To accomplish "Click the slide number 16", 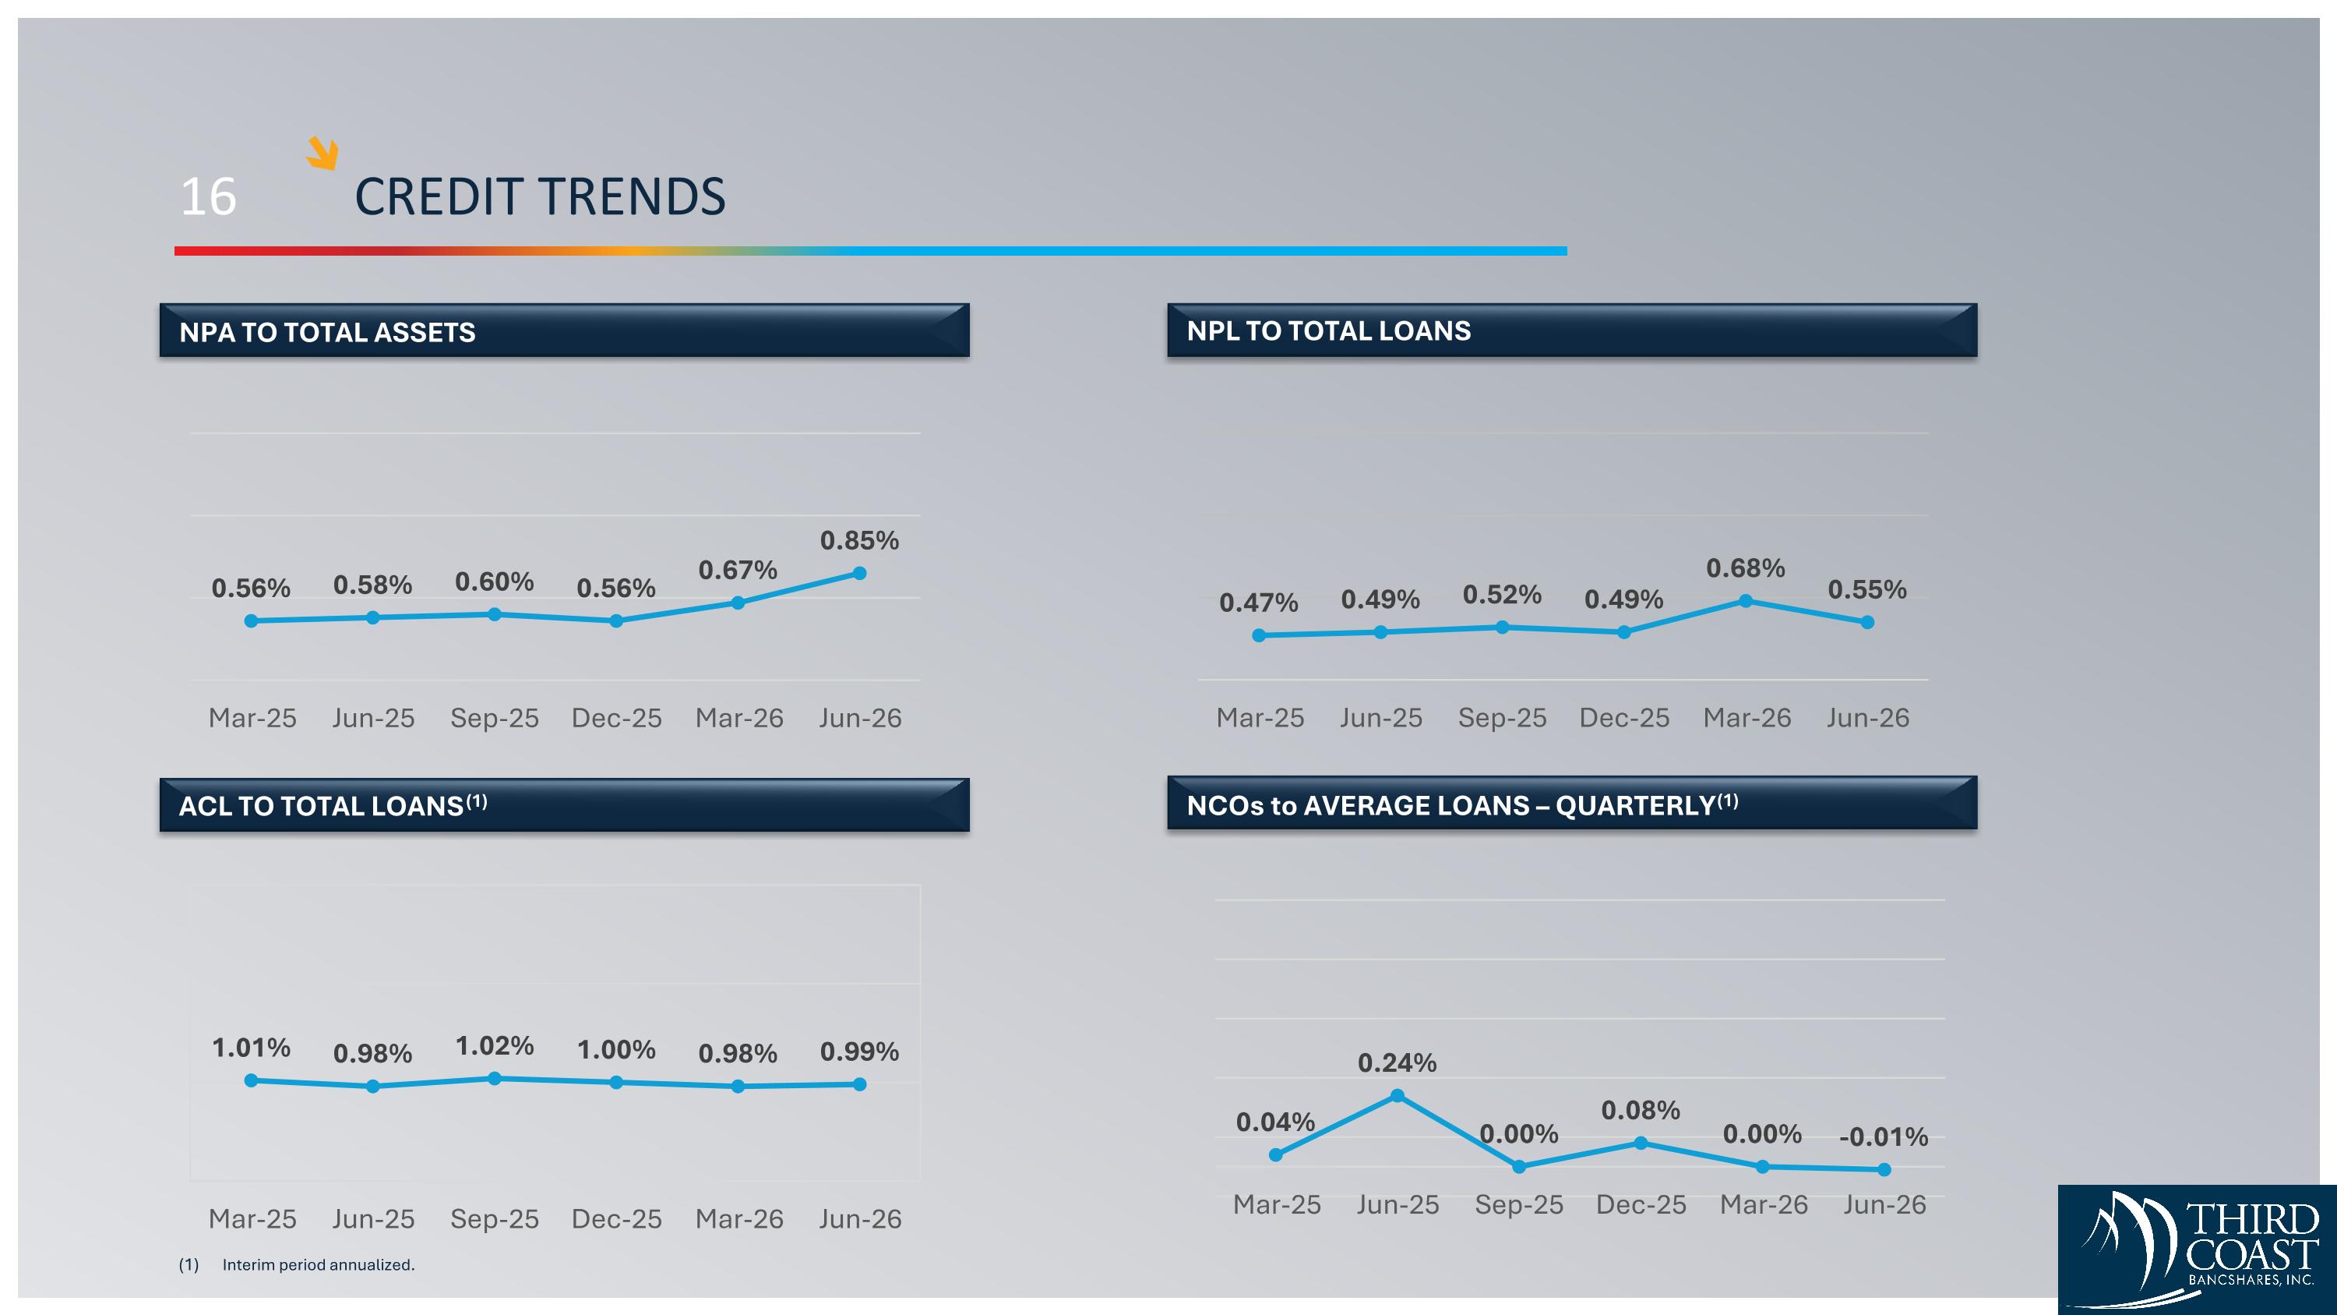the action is click(x=209, y=196).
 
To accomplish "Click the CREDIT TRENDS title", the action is click(x=540, y=196).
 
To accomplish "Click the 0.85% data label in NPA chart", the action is click(x=859, y=541).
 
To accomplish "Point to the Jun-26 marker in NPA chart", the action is click(x=860, y=574).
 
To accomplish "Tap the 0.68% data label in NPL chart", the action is click(x=1746, y=568).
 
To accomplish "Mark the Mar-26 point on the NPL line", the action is click(x=1746, y=601).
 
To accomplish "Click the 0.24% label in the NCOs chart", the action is click(x=1397, y=1062).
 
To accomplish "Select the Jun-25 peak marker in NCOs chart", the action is click(x=1397, y=1096).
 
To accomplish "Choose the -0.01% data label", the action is click(x=1884, y=1137).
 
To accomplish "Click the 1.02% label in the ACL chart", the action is click(x=495, y=1046).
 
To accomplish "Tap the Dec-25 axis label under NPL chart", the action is click(x=1624, y=718).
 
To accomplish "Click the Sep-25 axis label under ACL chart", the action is click(x=495, y=1219).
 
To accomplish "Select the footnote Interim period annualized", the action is click(x=319, y=1265).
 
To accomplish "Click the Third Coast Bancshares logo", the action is click(x=2198, y=1250).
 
